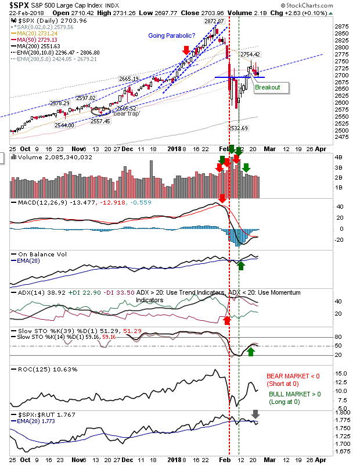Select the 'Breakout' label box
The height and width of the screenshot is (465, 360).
pyautogui.click(x=267, y=88)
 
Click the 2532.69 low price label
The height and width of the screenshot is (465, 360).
pyautogui.click(x=238, y=128)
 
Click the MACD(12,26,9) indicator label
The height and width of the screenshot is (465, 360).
pyautogui.click(x=35, y=202)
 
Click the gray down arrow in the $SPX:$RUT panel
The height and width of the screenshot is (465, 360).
pyautogui.click(x=255, y=414)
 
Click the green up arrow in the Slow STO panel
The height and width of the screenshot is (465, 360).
pyautogui.click(x=251, y=352)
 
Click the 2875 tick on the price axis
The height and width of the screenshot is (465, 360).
pyautogui.click(x=341, y=26)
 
